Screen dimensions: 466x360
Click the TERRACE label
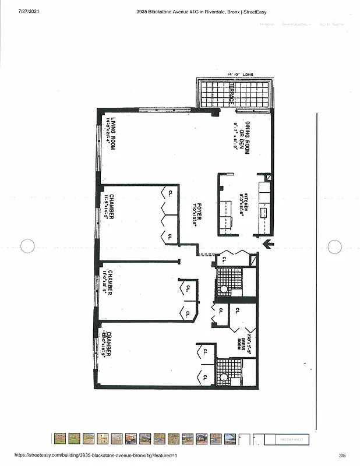point(231,94)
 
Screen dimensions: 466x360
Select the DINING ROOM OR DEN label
point(247,137)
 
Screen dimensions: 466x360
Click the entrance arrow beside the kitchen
point(269,244)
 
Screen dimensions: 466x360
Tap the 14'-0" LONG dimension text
point(239,75)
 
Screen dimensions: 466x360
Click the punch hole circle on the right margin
point(335,246)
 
